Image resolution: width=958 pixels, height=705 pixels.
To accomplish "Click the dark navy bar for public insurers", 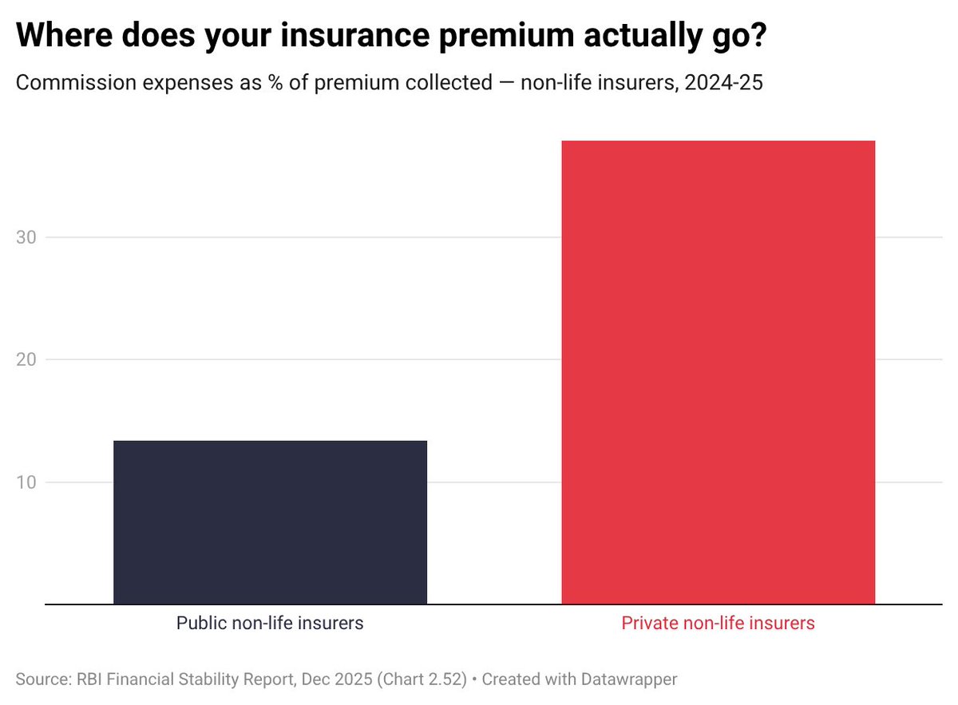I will point(270,522).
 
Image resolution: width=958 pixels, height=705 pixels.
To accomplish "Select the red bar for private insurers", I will point(718,372).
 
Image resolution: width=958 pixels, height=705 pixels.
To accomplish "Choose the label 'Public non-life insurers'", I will point(270,624).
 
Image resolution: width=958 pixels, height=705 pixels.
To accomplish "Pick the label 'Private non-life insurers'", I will point(718,624).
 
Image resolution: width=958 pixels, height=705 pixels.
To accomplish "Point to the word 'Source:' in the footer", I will point(42,679).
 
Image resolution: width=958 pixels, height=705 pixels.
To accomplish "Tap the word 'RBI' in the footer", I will point(89,679).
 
